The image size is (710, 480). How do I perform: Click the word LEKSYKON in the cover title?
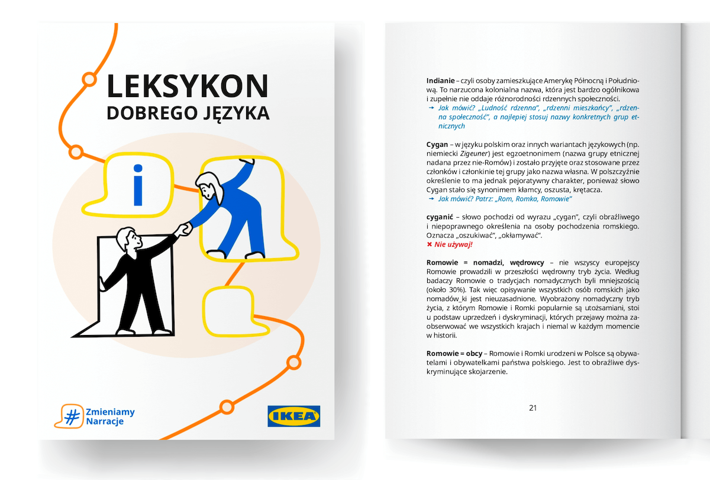[x=188, y=86]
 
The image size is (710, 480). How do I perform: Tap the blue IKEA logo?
[x=293, y=416]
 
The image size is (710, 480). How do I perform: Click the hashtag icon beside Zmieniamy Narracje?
[x=70, y=416]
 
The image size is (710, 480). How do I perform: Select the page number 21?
[x=532, y=408]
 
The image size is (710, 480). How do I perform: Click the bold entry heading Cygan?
[x=437, y=144]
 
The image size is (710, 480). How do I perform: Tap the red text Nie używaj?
[x=453, y=244]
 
